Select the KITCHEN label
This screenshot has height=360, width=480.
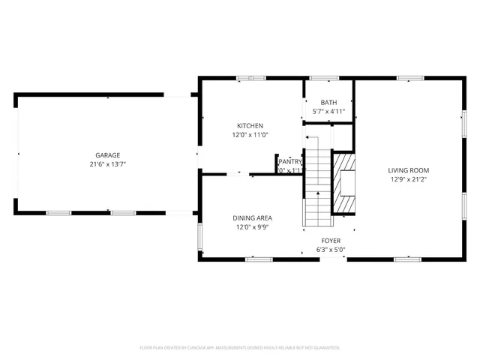coord(250,126)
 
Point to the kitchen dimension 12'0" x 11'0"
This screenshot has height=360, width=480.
coord(250,135)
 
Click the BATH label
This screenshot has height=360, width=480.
coord(328,103)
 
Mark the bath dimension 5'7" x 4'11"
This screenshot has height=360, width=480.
coord(328,112)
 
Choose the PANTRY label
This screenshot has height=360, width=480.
coord(290,161)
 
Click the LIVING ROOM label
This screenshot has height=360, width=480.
coord(409,170)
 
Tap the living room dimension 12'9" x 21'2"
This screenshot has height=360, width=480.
coord(409,179)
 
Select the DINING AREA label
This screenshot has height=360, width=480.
coord(250,217)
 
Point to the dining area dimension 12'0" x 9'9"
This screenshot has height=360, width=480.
coord(250,226)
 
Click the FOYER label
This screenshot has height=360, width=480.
coord(330,241)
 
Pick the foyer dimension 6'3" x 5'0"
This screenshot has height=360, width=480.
coord(330,250)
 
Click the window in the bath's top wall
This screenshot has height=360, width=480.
coord(324,77)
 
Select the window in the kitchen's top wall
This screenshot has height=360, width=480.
coord(246,77)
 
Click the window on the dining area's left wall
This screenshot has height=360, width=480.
coord(199,236)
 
